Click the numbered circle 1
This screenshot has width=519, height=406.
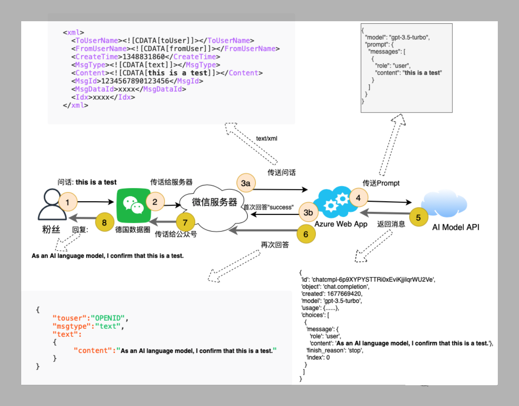(68, 202)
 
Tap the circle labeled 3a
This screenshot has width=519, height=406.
(246, 183)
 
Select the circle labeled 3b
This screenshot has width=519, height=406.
(308, 212)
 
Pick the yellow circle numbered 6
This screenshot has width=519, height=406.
(306, 234)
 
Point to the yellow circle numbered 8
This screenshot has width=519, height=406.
(104, 222)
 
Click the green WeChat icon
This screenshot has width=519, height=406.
(134, 206)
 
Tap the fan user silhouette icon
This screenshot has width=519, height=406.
(52, 204)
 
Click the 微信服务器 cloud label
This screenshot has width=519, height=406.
(215, 202)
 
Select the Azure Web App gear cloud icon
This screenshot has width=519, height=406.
(335, 202)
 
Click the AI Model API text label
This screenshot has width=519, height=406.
(456, 227)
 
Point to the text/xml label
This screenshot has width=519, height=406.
(267, 138)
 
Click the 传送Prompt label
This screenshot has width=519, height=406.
(381, 183)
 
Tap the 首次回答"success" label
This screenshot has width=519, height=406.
(268, 207)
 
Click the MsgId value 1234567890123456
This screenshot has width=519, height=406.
(135, 81)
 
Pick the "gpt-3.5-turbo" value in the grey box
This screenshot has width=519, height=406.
(409, 37)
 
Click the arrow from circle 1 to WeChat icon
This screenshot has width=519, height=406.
(95, 202)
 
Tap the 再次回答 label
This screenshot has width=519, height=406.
(275, 245)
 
